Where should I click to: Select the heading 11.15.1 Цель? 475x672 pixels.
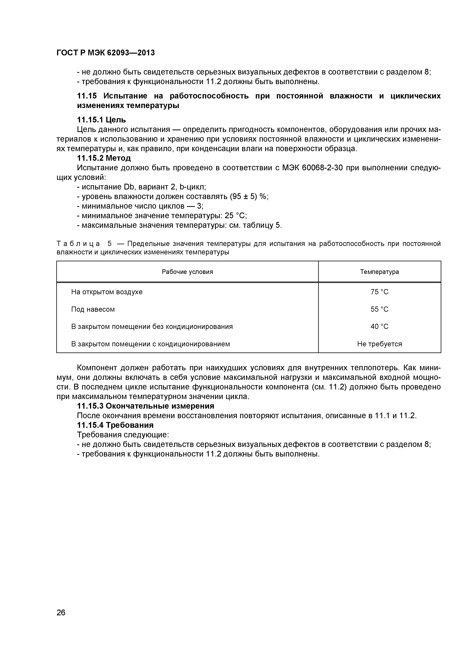point(101,120)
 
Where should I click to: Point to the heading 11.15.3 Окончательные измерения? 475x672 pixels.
point(145,406)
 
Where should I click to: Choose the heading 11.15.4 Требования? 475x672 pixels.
point(115,425)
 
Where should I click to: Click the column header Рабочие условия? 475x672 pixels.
point(187,272)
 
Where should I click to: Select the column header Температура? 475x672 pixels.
point(379,272)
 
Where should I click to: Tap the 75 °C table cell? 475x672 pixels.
point(379,292)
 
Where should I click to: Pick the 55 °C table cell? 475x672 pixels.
point(379,309)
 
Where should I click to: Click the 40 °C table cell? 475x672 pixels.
point(379,326)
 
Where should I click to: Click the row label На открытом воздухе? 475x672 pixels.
point(107,292)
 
